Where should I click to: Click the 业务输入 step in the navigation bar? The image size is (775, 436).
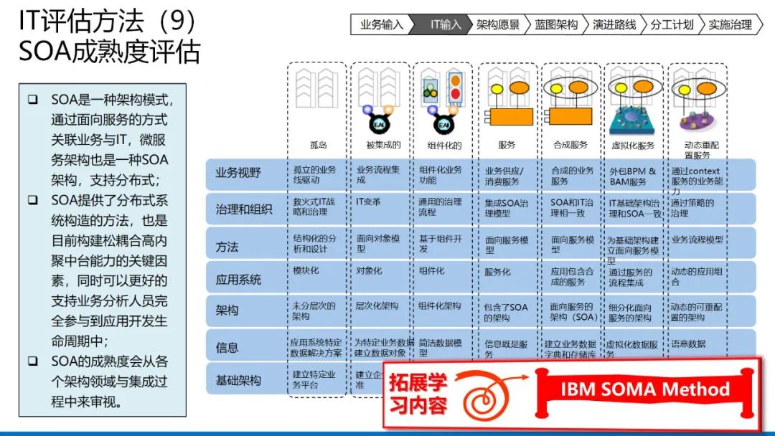(x=381, y=24)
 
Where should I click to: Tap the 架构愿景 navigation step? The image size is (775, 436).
(x=498, y=24)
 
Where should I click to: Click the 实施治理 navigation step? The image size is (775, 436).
(x=730, y=24)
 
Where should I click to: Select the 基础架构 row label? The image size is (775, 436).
(x=238, y=380)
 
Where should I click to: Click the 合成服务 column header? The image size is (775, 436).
(x=570, y=145)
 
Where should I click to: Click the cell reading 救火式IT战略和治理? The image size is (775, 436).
(x=314, y=207)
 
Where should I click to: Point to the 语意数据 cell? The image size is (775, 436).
(x=687, y=343)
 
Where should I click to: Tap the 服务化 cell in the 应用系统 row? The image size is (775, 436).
(x=498, y=272)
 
